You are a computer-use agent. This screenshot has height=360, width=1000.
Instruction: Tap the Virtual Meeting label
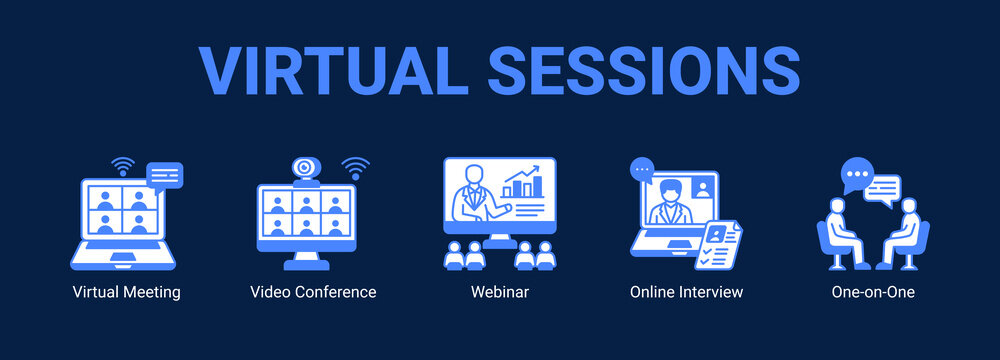pyautogui.click(x=127, y=293)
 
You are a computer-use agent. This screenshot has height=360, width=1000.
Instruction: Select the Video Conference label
pyautogui.click(x=313, y=293)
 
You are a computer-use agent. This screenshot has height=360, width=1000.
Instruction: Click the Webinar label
pyautogui.click(x=500, y=293)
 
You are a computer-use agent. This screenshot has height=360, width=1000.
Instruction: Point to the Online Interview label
pyautogui.click(x=686, y=293)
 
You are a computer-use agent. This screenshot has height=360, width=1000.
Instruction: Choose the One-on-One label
pyautogui.click(x=873, y=293)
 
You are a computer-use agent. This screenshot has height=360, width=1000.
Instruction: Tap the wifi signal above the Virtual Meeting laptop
pyautogui.click(x=123, y=165)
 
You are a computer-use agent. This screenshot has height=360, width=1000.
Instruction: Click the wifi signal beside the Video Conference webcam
pyautogui.click(x=355, y=166)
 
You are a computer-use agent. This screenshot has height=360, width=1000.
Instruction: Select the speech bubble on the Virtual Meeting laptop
pyautogui.click(x=164, y=176)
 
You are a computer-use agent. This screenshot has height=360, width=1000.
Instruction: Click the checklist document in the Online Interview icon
pyautogui.click(x=719, y=244)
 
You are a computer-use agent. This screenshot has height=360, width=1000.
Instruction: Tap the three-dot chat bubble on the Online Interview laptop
pyautogui.click(x=642, y=170)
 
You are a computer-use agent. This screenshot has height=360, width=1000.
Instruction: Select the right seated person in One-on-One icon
pyautogui.click(x=907, y=233)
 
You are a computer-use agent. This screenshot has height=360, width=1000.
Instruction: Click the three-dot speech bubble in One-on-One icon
pyautogui.click(x=855, y=176)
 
